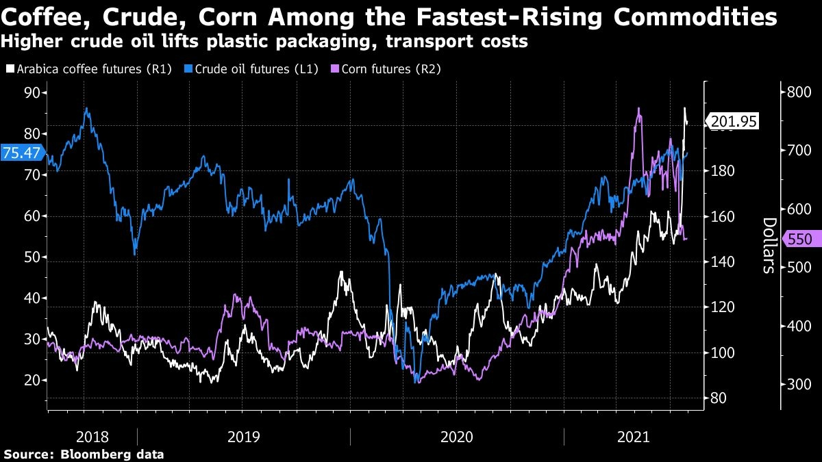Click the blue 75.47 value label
coord(21,153)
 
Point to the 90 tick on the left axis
coord(32,92)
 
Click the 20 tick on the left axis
coord(32,380)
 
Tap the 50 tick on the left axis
coord(32,257)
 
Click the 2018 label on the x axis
coord(92,435)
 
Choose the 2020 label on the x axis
coord(457,435)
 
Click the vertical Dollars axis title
coord(769,245)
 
